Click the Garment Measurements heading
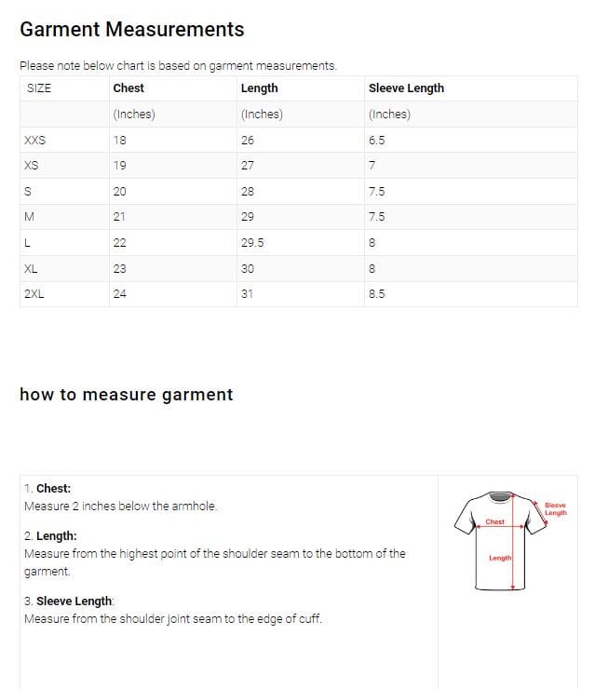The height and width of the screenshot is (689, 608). (x=131, y=30)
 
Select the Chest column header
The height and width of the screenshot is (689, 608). (x=128, y=88)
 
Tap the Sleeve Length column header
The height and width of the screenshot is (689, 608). (x=406, y=88)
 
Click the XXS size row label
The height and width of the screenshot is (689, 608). (x=34, y=141)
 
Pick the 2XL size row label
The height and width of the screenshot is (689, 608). (x=34, y=294)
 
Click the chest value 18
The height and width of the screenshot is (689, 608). (x=119, y=141)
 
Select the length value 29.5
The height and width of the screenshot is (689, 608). (x=252, y=243)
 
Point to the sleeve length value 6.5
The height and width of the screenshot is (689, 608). (x=376, y=141)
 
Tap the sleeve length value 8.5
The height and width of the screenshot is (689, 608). (x=376, y=294)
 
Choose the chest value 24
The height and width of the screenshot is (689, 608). (x=119, y=294)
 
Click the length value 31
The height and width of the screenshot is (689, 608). (x=247, y=294)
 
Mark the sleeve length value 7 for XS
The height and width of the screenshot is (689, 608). (x=372, y=166)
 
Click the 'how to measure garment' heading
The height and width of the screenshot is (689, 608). (x=126, y=395)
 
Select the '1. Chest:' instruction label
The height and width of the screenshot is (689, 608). (x=47, y=488)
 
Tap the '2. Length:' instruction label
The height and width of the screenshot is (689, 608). (x=50, y=536)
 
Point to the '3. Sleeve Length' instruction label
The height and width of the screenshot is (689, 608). (x=68, y=601)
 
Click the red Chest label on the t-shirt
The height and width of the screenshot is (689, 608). (x=494, y=522)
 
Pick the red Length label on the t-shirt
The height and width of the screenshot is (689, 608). (x=499, y=558)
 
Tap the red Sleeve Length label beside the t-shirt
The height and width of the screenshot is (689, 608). (x=555, y=508)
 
